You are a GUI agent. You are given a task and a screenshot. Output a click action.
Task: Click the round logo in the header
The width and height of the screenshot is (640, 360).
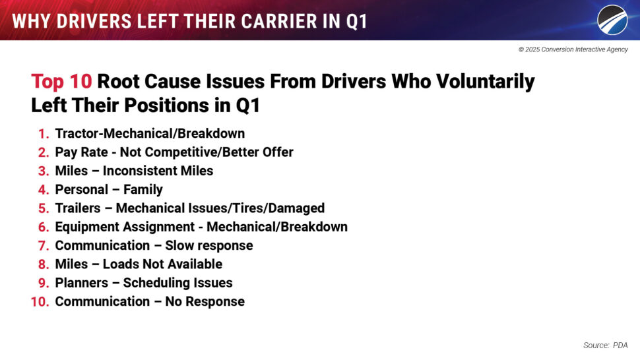point(612,20)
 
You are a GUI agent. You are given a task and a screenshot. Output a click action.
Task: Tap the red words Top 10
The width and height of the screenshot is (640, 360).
point(61,82)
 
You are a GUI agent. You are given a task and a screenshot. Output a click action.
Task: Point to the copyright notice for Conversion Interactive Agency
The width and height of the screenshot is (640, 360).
point(573,49)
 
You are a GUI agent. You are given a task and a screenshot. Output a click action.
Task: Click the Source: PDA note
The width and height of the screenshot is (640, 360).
point(605,345)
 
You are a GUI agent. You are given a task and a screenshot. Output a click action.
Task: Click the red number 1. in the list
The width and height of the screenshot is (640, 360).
point(44,134)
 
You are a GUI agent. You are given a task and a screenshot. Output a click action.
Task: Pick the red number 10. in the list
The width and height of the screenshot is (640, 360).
point(40,302)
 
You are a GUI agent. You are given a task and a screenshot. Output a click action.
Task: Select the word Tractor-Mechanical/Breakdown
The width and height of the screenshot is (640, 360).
point(150,133)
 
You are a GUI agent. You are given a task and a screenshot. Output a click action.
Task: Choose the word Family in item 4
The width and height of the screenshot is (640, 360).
point(143,190)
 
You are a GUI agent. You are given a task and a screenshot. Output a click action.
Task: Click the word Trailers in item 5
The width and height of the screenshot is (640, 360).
point(78,208)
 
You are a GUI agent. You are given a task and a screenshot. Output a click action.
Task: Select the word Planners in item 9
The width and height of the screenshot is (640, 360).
point(82,283)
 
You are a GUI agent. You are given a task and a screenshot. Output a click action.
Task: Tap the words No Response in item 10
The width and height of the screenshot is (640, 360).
point(205,302)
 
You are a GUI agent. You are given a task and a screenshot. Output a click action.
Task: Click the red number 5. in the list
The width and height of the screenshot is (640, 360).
point(44,208)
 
